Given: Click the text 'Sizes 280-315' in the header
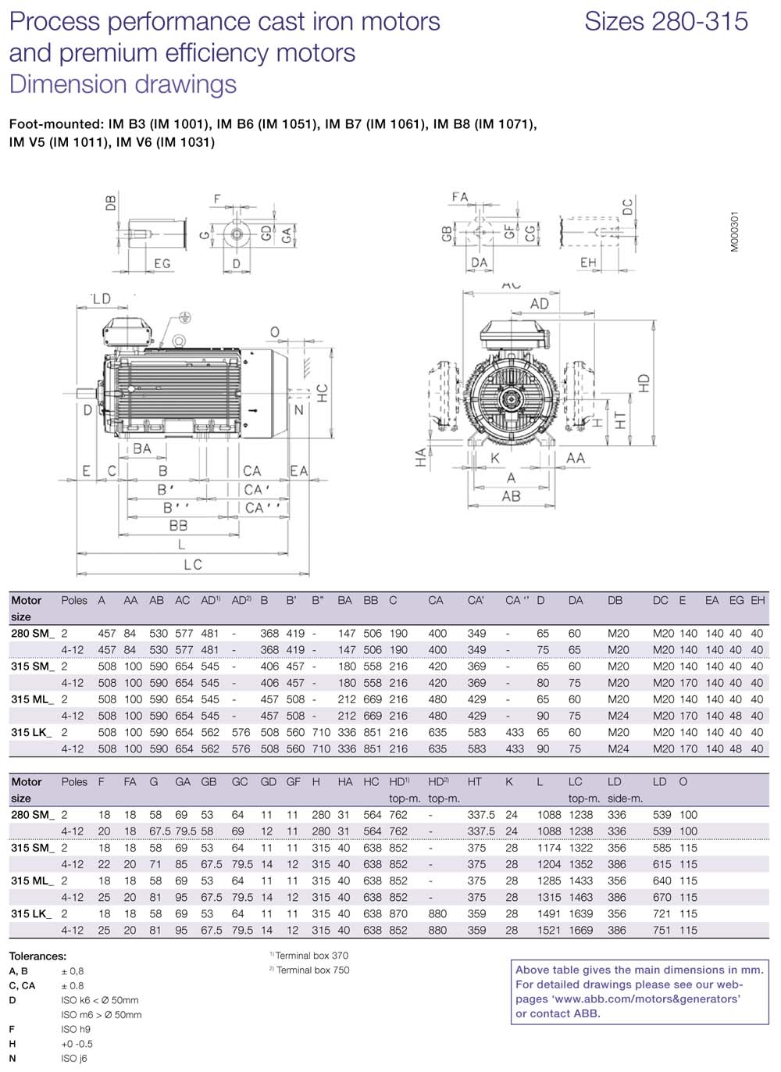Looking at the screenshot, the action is point(665,21).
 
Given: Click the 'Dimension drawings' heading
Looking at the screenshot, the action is point(123,84).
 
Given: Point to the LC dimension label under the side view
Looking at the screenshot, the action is point(193,565).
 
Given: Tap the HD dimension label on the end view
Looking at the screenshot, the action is point(644,383).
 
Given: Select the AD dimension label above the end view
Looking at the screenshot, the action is point(540,304).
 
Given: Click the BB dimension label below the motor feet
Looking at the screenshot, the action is point(178,526).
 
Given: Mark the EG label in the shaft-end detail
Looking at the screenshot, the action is point(162,263).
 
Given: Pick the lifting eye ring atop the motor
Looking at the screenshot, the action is point(179,341).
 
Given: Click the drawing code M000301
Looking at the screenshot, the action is point(735,231).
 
